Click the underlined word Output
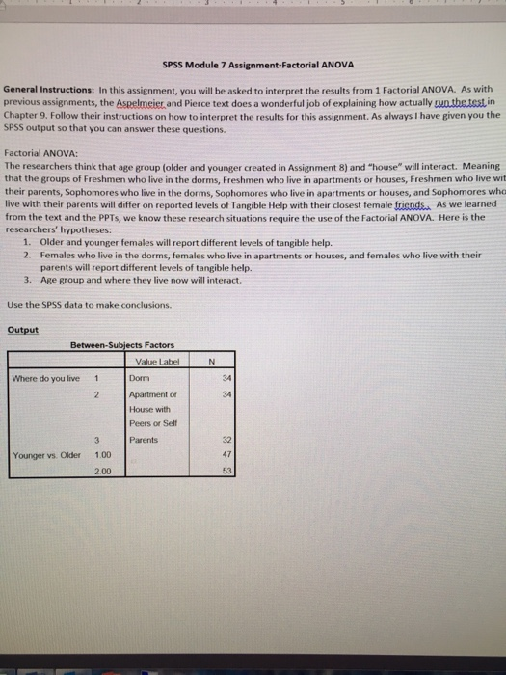click(22, 330)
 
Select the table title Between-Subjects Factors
click(120, 345)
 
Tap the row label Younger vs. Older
click(45, 454)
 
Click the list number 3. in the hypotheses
click(29, 280)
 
